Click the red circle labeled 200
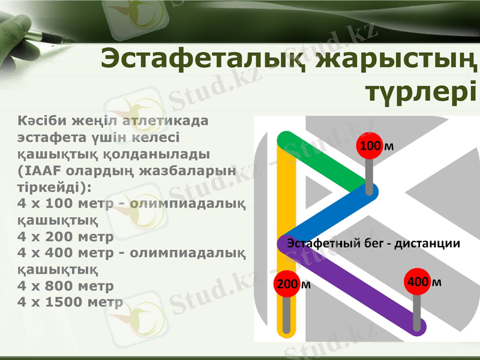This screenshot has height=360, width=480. (287, 284)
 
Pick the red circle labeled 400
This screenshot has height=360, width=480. (418, 281)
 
